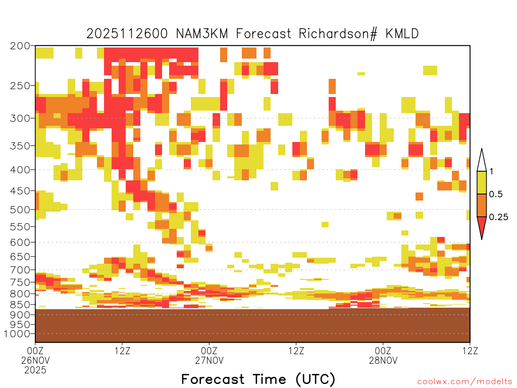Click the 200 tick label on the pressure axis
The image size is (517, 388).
[20, 46]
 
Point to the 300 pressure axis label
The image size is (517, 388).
[20, 118]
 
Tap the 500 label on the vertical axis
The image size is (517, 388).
[20, 210]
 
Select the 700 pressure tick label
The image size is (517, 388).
[20, 270]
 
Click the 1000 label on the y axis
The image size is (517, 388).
[17, 333]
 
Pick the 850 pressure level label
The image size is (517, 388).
[20, 304]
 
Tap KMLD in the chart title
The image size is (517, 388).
[402, 34]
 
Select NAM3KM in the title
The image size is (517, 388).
[202, 34]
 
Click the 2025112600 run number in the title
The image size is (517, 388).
[127, 34]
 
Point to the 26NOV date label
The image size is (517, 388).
[35, 360]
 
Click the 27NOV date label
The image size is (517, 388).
[210, 360]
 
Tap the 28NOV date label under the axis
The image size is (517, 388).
[383, 360]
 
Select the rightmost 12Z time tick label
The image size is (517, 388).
[470, 351]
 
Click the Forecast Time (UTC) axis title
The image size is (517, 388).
[258, 379]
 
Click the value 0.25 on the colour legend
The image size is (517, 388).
[498, 217]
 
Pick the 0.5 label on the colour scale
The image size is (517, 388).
[496, 194]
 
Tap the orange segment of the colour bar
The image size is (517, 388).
[482, 205]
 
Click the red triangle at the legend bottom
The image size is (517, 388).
[482, 226]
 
